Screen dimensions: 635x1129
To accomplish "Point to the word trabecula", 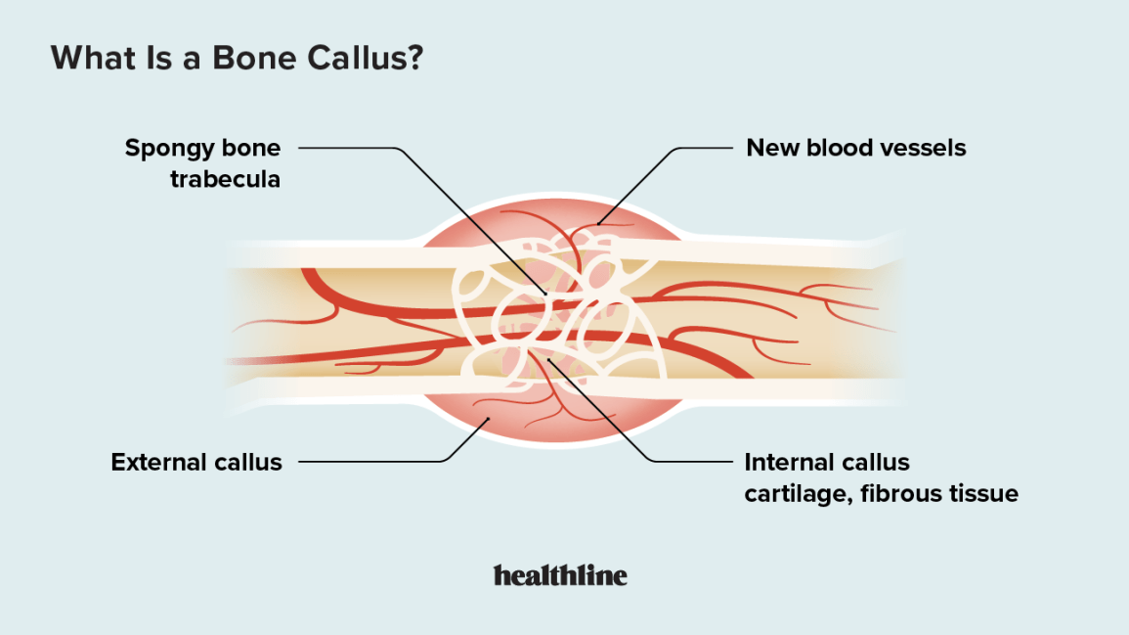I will pyautogui.click(x=225, y=179).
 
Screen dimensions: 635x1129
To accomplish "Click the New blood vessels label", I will pyautogui.click(x=855, y=149).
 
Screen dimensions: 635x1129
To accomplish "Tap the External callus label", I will pyautogui.click(x=196, y=462).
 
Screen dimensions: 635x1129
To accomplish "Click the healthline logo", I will pyautogui.click(x=560, y=575).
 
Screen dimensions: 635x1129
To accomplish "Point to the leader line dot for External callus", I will pyautogui.click(x=487, y=419).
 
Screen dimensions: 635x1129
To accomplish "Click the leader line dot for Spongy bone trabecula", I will pyautogui.click(x=546, y=293).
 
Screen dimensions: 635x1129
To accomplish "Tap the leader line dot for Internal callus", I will pyautogui.click(x=550, y=360).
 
